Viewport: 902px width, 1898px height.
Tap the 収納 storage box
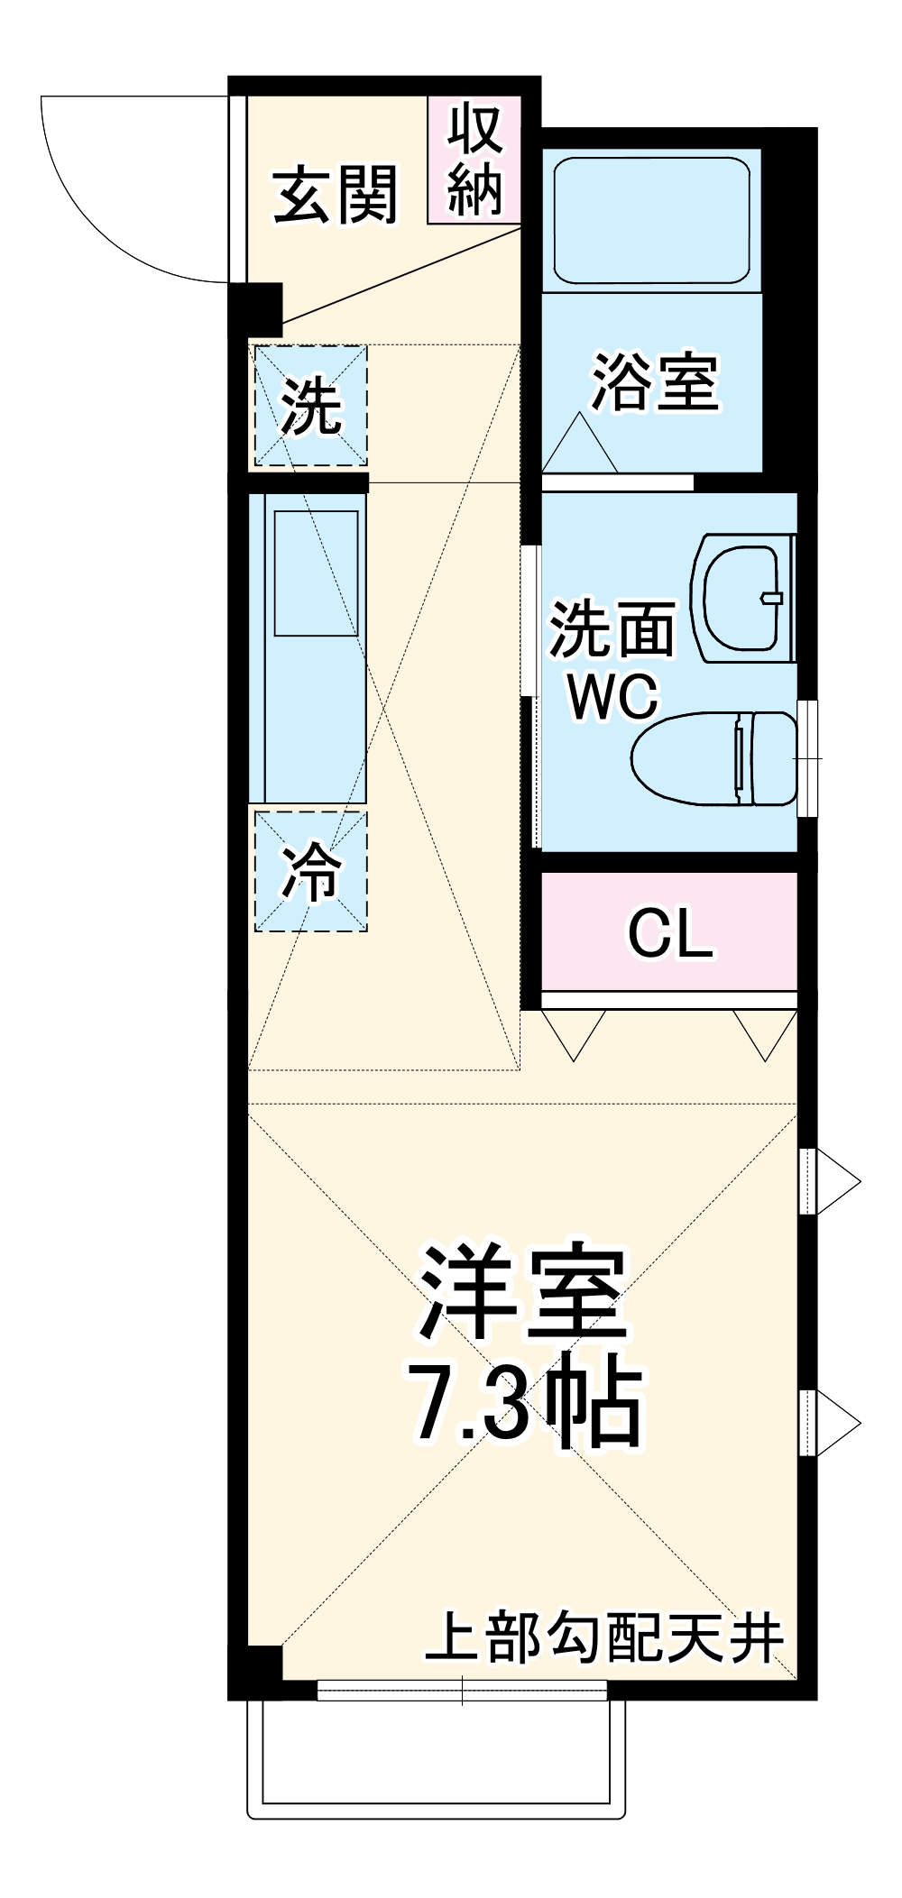pyautogui.click(x=474, y=160)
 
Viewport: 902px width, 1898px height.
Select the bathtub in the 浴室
pyautogui.click(x=650, y=221)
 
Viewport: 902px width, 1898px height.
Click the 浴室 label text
pyautogui.click(x=654, y=382)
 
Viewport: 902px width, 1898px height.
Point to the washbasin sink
pyautogui.click(x=741, y=597)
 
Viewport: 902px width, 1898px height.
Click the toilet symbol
pyautogui.click(x=713, y=758)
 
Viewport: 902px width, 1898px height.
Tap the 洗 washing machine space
pyautogui.click(x=310, y=406)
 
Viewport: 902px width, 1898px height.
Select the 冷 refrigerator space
pyautogui.click(x=310, y=872)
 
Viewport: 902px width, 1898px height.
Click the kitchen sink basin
pyautogui.click(x=316, y=573)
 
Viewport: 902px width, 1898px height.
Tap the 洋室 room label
pyautogui.click(x=523, y=1295)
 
